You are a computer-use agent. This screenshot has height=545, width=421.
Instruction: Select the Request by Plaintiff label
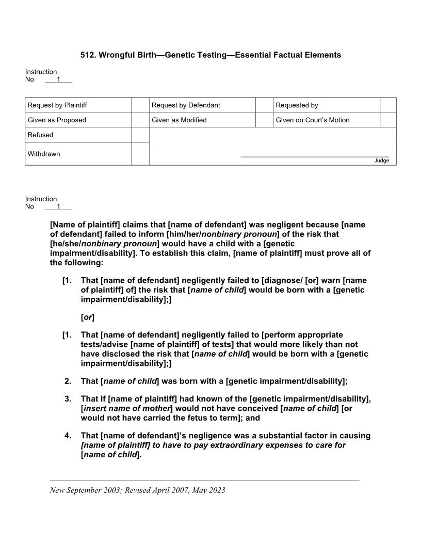[57, 105]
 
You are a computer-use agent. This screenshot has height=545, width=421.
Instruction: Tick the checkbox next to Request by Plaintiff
[140, 105]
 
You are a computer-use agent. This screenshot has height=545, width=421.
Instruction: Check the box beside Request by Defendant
[264, 105]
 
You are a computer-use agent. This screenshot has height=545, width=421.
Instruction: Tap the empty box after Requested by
[388, 105]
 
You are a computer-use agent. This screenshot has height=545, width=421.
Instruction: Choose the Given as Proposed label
[57, 120]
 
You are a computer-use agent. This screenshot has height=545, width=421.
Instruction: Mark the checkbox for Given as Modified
[264, 120]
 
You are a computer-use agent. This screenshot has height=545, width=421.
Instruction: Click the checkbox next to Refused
[140, 135]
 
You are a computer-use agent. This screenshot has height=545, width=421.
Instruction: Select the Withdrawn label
[44, 154]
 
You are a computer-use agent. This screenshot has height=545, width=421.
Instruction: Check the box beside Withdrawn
[140, 154]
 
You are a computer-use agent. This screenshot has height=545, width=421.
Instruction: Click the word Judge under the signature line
[381, 161]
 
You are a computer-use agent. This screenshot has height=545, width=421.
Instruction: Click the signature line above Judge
[315, 156]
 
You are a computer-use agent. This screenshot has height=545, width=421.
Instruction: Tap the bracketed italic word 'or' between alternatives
[88, 317]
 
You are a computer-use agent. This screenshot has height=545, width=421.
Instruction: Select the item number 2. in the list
[68, 381]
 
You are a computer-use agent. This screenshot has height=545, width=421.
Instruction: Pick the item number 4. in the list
[68, 436]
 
